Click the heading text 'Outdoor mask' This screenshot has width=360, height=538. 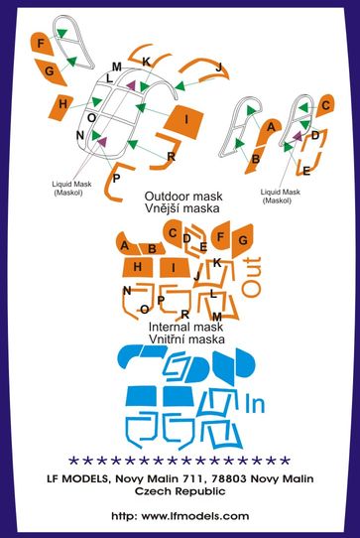pyautogui.click(x=183, y=197)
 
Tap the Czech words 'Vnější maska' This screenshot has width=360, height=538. pyautogui.click(x=182, y=208)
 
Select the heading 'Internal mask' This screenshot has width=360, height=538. pyautogui.click(x=185, y=327)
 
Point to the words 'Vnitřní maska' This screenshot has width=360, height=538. pyautogui.click(x=186, y=339)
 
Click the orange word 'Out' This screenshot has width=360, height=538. pyautogui.click(x=251, y=276)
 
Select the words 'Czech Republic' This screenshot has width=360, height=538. pyautogui.click(x=180, y=491)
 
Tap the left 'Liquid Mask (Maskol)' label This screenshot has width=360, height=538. pyautogui.click(x=71, y=188)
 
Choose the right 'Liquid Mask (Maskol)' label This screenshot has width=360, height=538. pyautogui.click(x=280, y=197)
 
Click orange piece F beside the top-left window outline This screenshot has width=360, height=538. pyautogui.click(x=42, y=44)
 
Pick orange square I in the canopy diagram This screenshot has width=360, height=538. pyautogui.click(x=183, y=121)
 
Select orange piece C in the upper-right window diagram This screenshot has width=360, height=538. pyautogui.click(x=324, y=105)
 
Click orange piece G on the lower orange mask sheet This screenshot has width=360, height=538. pyautogui.click(x=242, y=241)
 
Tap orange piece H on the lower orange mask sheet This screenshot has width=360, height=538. pyautogui.click(x=137, y=267)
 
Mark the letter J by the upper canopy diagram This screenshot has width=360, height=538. pyautogui.click(x=219, y=67)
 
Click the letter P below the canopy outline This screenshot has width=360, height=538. pyautogui.click(x=117, y=179)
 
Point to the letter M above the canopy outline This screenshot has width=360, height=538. pyautogui.click(x=117, y=67)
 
